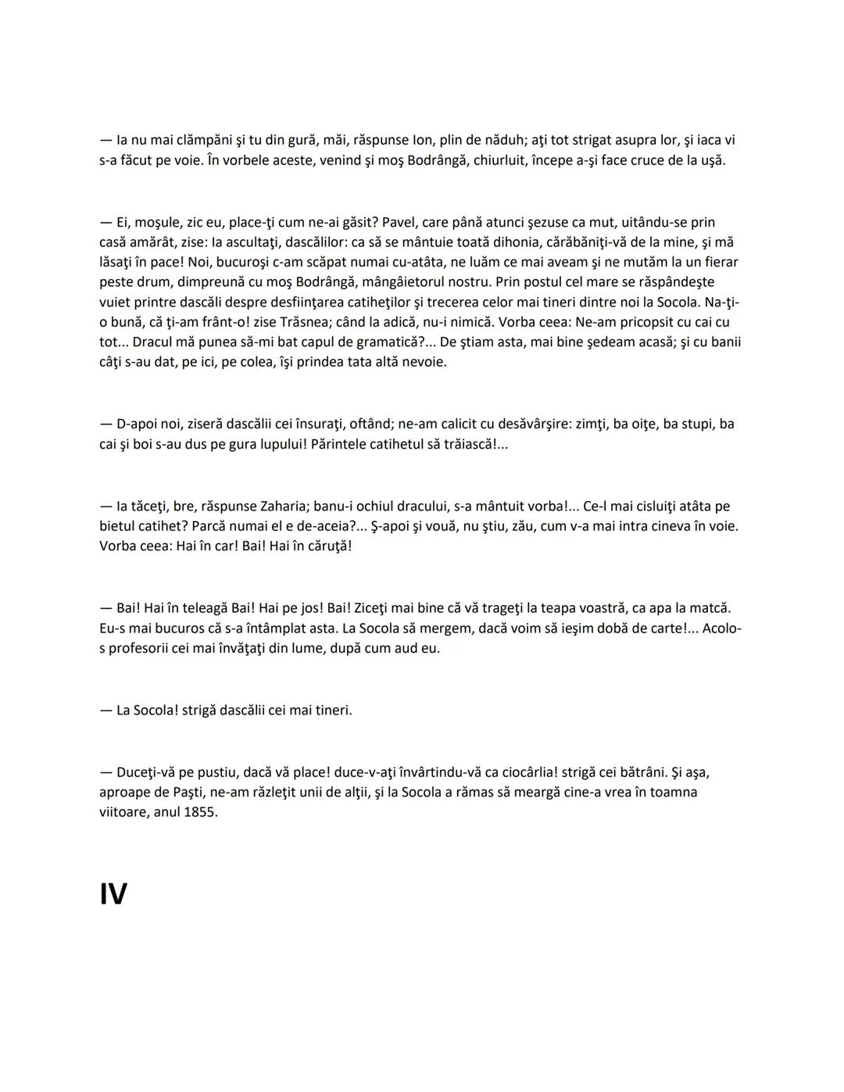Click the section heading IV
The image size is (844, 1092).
tap(113, 893)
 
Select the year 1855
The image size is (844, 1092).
tap(200, 811)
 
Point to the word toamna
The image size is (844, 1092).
tap(671, 792)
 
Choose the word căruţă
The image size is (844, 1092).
tap(325, 546)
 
